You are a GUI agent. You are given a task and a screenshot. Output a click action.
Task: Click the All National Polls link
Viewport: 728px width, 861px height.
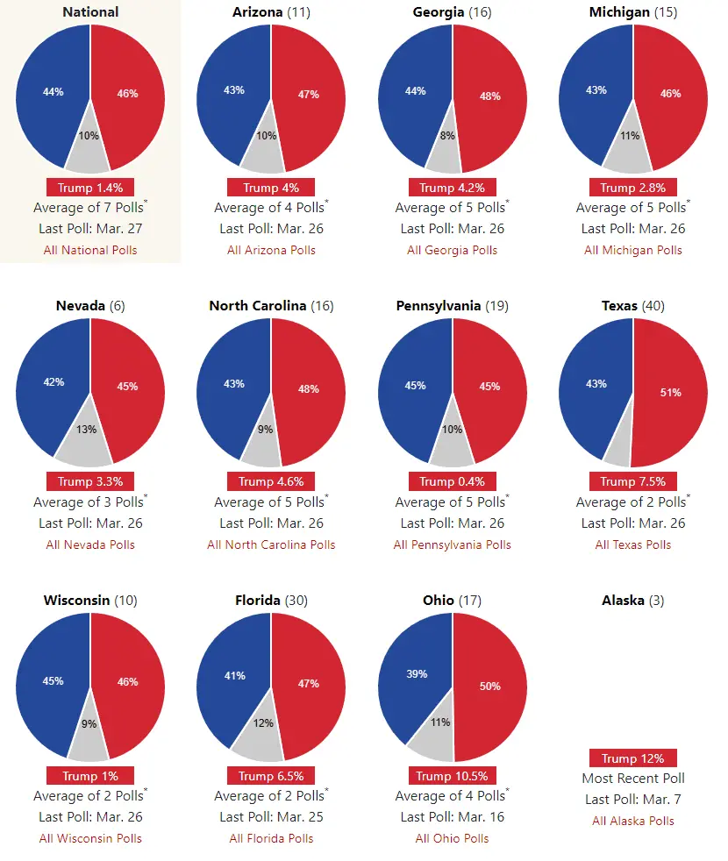click(90, 250)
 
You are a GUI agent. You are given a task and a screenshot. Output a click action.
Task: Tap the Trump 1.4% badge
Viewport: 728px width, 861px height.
click(90, 188)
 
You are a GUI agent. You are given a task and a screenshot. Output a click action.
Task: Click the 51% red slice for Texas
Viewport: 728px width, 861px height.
click(671, 393)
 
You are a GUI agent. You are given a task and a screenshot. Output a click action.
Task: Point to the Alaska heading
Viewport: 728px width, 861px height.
click(633, 601)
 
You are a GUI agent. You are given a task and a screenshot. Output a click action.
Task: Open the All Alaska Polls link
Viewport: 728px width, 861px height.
click(633, 821)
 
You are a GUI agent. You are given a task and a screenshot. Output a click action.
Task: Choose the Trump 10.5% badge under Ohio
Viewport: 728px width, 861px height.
click(452, 776)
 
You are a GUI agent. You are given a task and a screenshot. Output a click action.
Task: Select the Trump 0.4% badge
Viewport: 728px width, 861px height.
click(452, 481)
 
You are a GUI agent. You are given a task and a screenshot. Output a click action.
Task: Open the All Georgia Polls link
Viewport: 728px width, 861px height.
click(452, 250)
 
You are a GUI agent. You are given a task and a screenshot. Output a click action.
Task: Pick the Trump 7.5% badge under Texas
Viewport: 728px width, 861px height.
click(632, 481)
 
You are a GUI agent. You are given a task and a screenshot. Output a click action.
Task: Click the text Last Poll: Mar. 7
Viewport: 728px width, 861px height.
click(633, 799)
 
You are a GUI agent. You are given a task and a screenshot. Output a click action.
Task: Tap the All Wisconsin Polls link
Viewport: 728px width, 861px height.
click(90, 838)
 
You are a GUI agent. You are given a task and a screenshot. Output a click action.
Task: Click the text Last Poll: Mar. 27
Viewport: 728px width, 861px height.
click(90, 229)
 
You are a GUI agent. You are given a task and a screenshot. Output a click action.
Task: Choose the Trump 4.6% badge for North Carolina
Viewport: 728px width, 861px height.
click(271, 481)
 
